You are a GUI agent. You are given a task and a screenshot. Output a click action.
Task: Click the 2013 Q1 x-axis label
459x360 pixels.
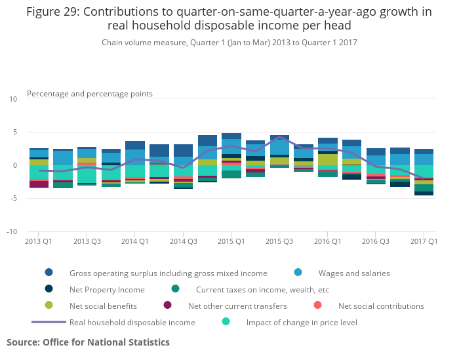(x=39, y=241)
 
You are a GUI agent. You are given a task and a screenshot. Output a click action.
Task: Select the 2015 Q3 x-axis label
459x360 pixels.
(x=279, y=241)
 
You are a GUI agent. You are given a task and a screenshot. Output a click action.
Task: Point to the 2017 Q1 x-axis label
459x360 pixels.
(x=424, y=241)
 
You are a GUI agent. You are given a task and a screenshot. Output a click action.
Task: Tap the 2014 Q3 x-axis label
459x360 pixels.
(x=183, y=241)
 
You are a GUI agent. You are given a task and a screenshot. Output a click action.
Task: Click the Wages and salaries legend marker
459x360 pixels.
(x=299, y=273)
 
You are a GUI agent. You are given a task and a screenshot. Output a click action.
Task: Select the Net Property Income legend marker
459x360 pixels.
(x=49, y=289)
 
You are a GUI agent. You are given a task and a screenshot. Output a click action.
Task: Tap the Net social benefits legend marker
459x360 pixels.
(x=49, y=306)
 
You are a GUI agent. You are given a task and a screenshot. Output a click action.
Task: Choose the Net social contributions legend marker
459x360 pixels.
(x=318, y=306)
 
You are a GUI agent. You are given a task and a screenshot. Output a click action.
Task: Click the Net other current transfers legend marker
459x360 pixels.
(x=168, y=306)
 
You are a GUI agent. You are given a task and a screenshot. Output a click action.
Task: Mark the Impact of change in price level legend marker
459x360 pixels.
(x=226, y=322)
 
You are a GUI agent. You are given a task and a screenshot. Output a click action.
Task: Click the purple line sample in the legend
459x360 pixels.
(x=49, y=322)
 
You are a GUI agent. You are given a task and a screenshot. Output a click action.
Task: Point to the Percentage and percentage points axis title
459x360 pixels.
(x=90, y=94)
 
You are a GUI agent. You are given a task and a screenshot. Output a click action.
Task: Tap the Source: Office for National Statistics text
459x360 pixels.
(x=88, y=342)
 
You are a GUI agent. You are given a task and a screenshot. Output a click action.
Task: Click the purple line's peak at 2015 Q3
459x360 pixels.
(x=279, y=137)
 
